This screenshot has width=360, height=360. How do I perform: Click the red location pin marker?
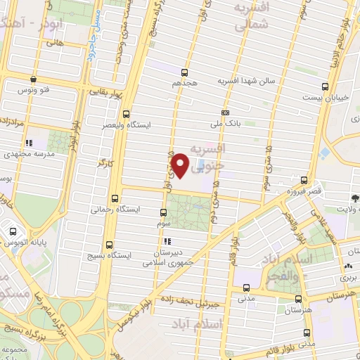tap(181, 164)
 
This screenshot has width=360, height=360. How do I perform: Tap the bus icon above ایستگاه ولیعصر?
tap(126, 114)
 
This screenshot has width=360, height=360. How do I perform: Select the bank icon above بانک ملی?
tap(226, 112)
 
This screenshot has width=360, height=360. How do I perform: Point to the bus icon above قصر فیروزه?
tap(304, 179)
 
